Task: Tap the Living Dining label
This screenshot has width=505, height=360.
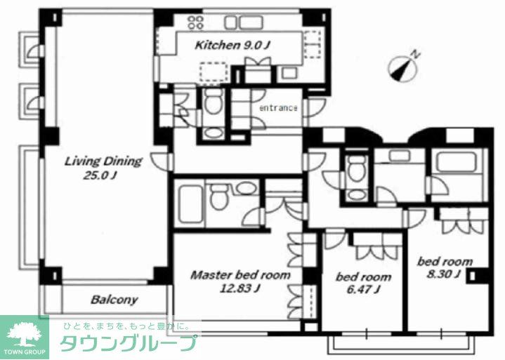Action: click(x=103, y=161)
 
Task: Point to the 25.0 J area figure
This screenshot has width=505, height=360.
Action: click(x=96, y=176)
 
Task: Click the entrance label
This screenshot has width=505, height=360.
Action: click(x=278, y=109)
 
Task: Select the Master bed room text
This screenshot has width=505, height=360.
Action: click(x=240, y=276)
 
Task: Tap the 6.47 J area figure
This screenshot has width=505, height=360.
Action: click(x=362, y=290)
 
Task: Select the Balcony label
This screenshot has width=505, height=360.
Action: click(x=114, y=300)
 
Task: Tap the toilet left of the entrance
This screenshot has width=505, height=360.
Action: click(x=213, y=105)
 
